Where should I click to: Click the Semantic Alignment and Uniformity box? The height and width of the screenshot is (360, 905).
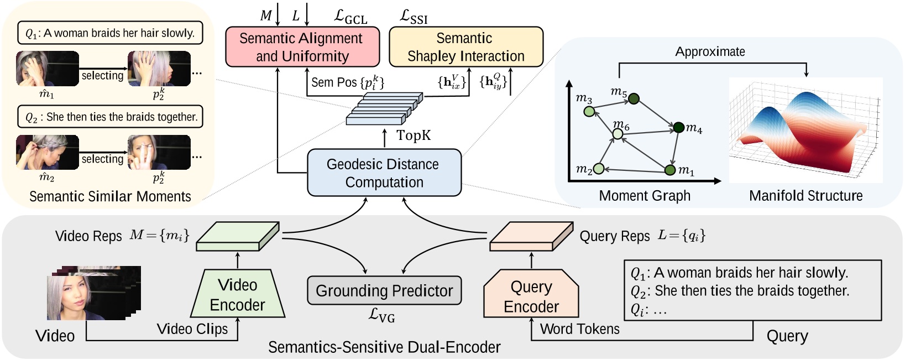pos(302,47)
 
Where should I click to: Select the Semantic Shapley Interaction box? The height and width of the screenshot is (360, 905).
pos(465,47)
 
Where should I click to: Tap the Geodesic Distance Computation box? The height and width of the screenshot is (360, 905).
pos(384,173)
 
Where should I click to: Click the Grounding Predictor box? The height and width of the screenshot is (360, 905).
pos(384,290)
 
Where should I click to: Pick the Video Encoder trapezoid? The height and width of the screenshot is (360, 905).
pos(238,294)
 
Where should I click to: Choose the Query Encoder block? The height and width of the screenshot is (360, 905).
pos(531,295)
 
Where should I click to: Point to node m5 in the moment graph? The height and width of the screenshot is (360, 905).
pos(634,99)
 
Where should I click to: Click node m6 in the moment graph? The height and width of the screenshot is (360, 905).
pos(618,134)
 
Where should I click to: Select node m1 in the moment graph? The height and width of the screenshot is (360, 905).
pos(670,170)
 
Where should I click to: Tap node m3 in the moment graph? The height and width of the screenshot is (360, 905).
pos(589,112)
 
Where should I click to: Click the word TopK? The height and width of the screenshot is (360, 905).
pos(413,135)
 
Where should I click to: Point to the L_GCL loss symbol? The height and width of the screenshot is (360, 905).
pos(351,17)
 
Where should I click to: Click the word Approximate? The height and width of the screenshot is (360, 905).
pos(710,52)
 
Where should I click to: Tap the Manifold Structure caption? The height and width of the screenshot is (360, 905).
pos(805,196)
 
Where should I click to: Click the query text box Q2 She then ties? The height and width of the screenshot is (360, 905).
pos(111,117)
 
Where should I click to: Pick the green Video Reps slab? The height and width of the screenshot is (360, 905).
pos(238,236)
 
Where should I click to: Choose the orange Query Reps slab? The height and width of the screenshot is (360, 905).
pos(531,236)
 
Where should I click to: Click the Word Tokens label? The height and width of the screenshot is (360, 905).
pos(579,329)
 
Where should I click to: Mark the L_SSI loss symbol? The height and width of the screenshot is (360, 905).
pos(414,17)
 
